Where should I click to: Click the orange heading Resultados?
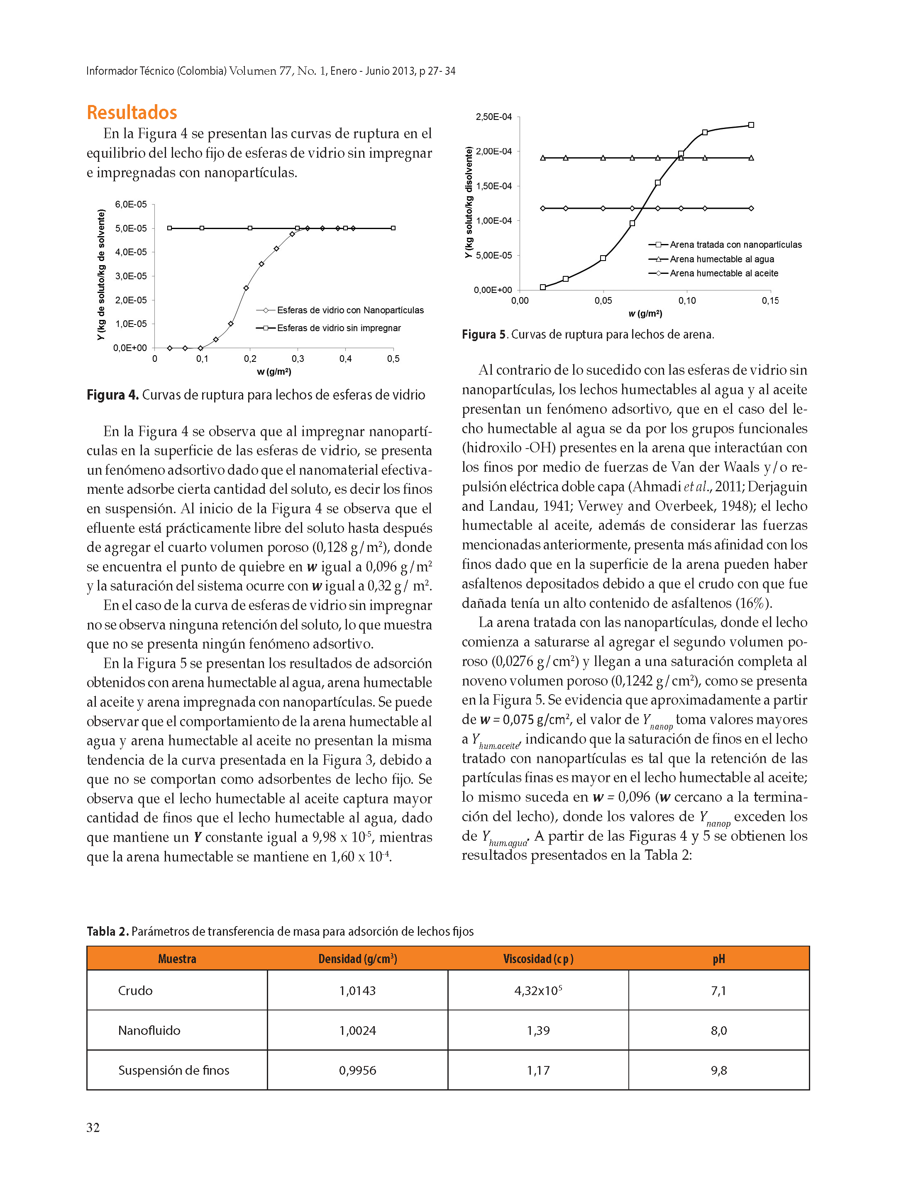132,112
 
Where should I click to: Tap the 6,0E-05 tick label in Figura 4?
131,205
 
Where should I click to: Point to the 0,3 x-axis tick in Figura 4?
298,359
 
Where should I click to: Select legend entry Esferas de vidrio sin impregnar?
338,328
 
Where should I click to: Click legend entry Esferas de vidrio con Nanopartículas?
350,310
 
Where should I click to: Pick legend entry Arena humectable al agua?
721,259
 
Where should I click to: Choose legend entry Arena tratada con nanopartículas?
735,244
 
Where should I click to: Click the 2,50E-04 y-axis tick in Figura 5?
493,117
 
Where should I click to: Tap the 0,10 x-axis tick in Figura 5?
687,301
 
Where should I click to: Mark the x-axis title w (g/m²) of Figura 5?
645,313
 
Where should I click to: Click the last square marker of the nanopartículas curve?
751,125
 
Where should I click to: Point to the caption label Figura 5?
484,334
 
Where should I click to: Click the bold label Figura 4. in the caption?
113,395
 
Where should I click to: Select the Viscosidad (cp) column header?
538,959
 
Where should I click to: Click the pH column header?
718,959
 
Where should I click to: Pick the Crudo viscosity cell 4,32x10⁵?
538,990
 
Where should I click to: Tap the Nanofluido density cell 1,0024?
357,1030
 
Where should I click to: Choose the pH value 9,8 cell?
718,1070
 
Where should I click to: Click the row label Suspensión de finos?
173,1070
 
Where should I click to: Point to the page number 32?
93,1127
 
